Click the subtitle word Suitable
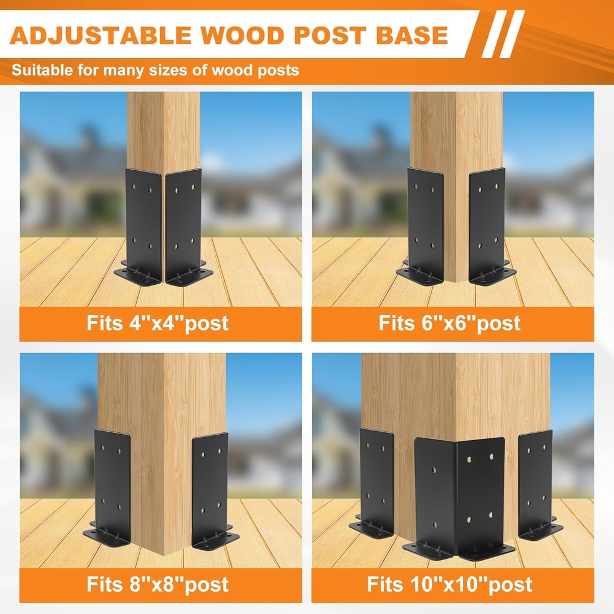coord(41,70)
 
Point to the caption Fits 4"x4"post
coord(158,323)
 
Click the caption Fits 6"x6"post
coord(450,323)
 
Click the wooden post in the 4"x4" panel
coord(163,132)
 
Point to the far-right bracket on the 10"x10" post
coord(535,480)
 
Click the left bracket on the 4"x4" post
coord(143,222)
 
